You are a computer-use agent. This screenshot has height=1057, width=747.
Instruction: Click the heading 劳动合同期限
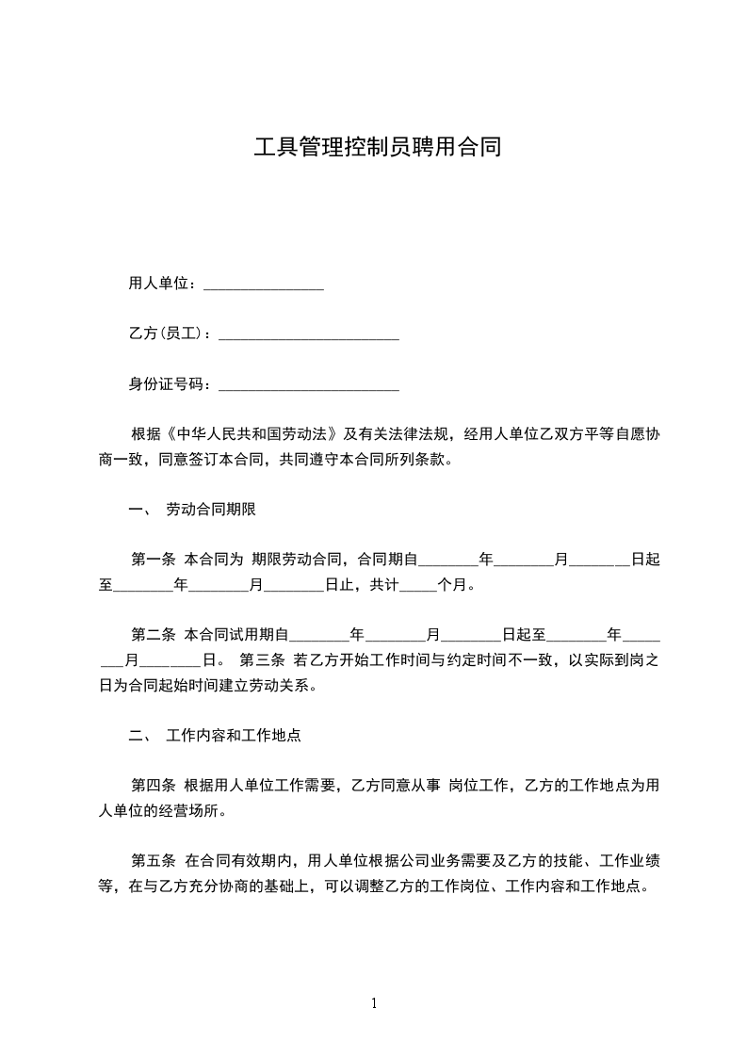(211, 510)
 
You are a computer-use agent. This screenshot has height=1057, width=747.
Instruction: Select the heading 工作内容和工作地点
(234, 735)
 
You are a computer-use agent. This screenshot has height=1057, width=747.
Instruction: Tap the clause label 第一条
(154, 560)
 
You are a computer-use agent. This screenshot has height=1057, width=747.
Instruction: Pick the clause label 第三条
(264, 660)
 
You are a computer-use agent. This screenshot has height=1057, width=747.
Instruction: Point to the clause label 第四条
(154, 786)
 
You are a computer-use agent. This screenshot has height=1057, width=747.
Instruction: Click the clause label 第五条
(154, 860)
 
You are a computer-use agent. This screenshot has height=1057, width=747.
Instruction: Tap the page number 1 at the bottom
(374, 1003)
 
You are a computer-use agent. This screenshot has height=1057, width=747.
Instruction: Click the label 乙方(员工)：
(171, 334)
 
